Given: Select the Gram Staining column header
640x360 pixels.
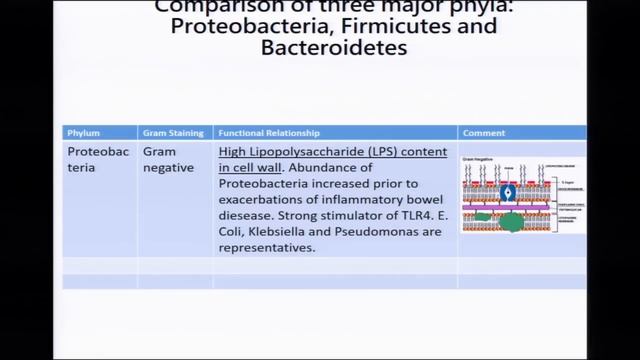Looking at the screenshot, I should point(172,133).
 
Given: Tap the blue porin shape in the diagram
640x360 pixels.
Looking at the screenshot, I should point(508,192).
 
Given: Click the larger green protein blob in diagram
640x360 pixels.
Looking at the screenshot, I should point(513,222).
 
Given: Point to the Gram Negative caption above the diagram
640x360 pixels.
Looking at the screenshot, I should point(481,159).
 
